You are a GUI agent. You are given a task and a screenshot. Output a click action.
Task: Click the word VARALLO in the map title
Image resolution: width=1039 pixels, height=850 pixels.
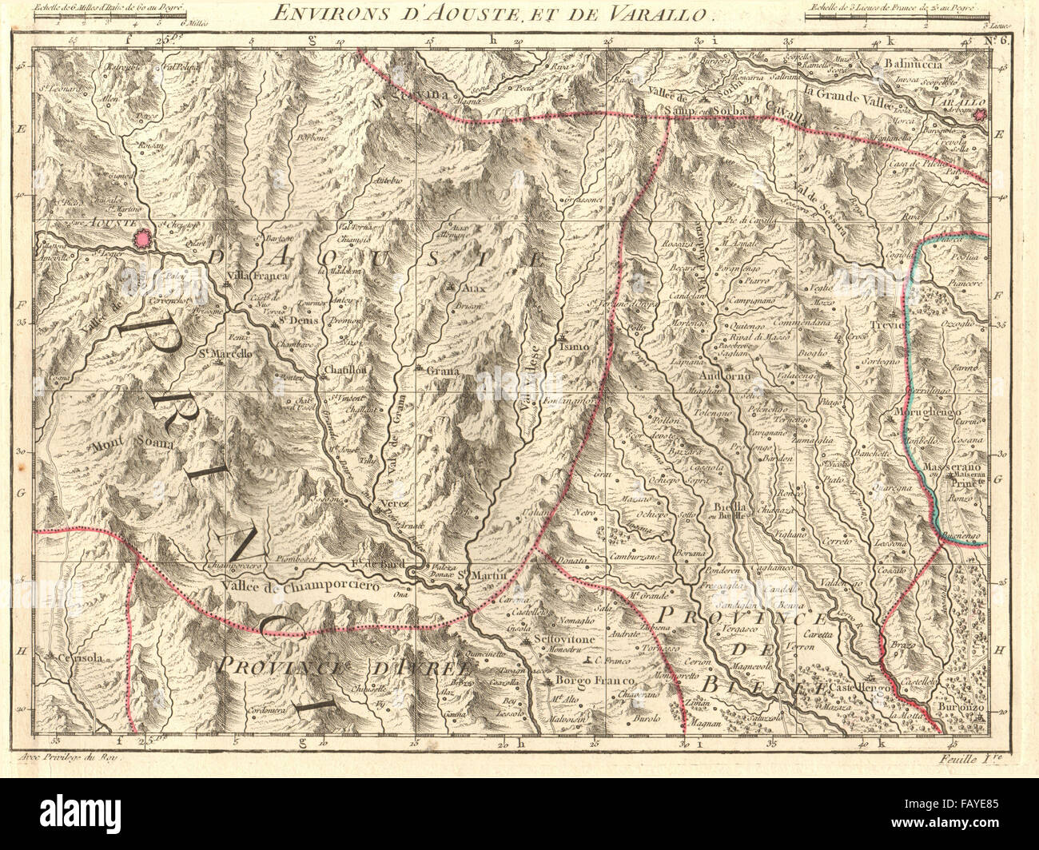pos(660,12)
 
